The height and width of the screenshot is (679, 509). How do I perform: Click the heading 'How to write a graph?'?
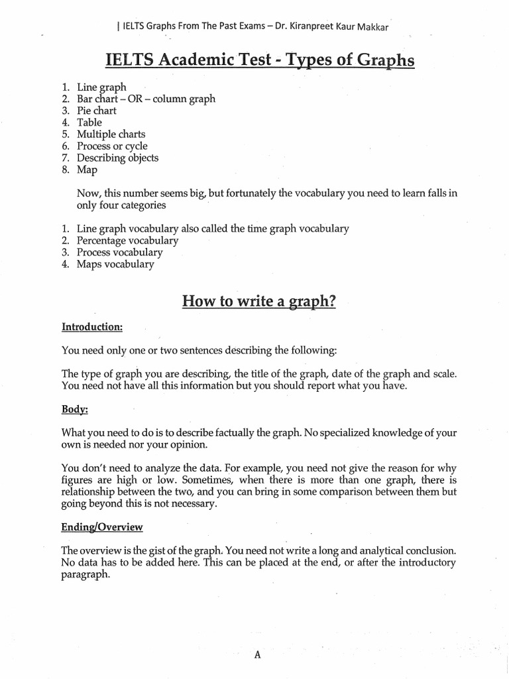tap(259, 302)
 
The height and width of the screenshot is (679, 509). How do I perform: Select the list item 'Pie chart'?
tap(96, 111)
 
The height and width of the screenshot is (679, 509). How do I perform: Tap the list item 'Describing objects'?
tap(117, 158)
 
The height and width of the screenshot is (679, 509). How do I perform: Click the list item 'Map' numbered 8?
tap(87, 170)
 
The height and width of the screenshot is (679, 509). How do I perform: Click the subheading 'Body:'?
tap(74, 410)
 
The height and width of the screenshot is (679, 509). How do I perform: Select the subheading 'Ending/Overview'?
tap(102, 527)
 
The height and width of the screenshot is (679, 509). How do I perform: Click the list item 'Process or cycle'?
tap(112, 146)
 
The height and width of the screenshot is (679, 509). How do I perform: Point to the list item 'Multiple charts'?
tap(111, 134)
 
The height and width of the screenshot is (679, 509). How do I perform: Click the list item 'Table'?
tap(89, 122)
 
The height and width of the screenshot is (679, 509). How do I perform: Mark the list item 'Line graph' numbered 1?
tap(101, 87)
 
